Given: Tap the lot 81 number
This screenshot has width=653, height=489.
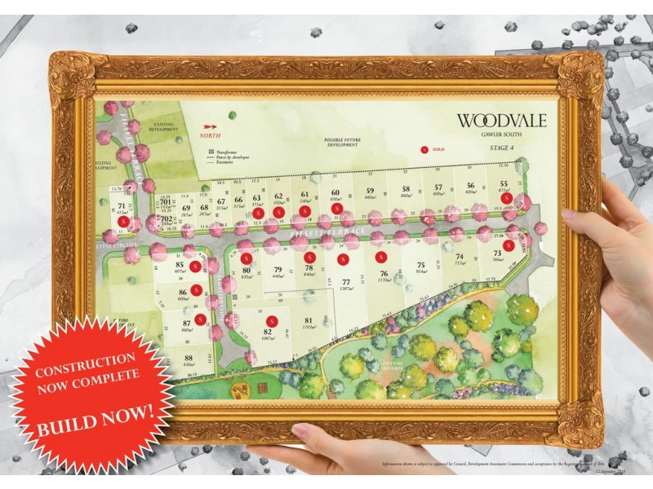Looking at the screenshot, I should coord(308,319).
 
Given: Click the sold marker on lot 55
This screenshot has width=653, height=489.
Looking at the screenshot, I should coord(506,198).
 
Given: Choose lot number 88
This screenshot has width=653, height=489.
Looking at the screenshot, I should coord(189,359).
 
